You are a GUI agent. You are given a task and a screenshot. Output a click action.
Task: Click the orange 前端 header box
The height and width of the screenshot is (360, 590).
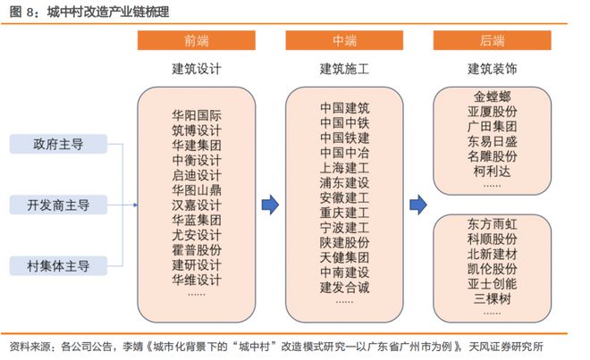196,40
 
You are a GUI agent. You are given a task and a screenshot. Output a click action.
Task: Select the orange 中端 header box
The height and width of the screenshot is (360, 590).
344,40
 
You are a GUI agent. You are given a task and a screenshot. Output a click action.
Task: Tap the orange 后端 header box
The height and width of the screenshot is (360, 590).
493,40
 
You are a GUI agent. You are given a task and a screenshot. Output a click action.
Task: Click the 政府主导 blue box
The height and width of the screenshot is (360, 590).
58,144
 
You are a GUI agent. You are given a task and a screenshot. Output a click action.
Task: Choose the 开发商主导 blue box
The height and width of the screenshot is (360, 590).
58,205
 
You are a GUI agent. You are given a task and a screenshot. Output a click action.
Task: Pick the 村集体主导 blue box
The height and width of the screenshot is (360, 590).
58,266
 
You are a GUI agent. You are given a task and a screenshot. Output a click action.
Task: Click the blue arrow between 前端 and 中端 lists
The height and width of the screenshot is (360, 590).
270,205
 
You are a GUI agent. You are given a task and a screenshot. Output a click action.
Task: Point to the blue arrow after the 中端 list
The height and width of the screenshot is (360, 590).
418,205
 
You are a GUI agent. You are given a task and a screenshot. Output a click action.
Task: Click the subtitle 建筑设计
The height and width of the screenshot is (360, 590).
197,69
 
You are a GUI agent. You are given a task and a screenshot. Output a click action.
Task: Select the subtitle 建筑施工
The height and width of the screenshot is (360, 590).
344,69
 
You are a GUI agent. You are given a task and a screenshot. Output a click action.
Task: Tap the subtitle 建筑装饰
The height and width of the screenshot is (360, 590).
493,69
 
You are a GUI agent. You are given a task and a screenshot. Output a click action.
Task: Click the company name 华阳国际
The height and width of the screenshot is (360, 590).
197,115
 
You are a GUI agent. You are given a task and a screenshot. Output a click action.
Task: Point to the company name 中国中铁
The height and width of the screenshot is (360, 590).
344,122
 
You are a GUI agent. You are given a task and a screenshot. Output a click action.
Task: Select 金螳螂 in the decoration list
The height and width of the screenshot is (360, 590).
493,96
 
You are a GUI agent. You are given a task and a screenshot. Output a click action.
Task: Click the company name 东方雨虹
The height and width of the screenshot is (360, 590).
493,224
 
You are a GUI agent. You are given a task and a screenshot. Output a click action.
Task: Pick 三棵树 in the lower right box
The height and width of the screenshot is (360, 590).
493,299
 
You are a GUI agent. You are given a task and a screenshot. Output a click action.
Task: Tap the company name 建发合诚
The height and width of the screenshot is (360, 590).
344,288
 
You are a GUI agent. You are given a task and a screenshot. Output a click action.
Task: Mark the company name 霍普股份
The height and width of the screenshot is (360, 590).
197,250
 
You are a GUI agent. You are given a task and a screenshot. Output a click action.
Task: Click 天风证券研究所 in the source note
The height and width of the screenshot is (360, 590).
506,347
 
